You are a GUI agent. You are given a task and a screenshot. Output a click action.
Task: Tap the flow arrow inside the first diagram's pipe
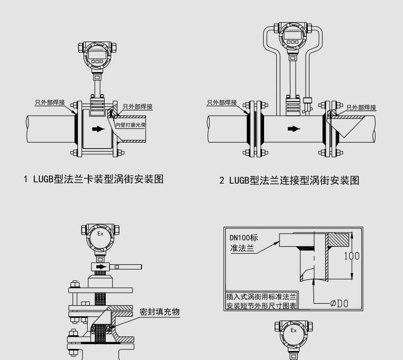[x=98, y=128]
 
